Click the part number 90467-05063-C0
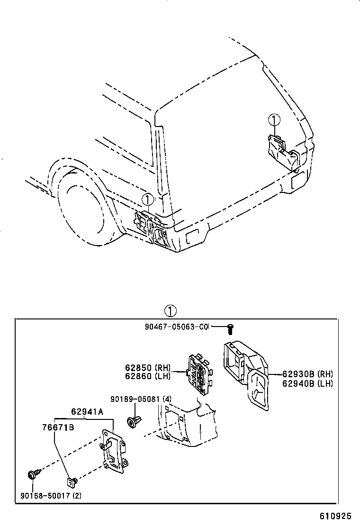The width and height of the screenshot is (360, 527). pyautogui.click(x=177, y=327)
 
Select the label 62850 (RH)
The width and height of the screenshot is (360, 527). pyautogui.click(x=147, y=367)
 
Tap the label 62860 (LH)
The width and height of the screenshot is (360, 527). pyautogui.click(x=147, y=376)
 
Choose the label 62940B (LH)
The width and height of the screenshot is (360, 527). pyautogui.click(x=307, y=383)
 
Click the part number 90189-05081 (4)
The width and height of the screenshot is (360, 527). pyautogui.click(x=141, y=399)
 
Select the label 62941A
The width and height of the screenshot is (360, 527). pyautogui.click(x=87, y=411)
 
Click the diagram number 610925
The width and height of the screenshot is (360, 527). pyautogui.click(x=338, y=515)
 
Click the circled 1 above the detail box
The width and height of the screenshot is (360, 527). pyautogui.click(x=170, y=311)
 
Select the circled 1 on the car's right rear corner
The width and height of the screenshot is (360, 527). pyautogui.click(x=274, y=120)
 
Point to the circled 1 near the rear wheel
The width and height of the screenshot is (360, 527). pyautogui.click(x=148, y=200)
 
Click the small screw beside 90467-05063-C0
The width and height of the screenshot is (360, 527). pyautogui.click(x=230, y=327)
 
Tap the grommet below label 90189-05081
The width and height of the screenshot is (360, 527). pyautogui.click(x=132, y=421)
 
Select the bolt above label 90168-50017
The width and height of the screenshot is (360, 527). pyautogui.click(x=33, y=473)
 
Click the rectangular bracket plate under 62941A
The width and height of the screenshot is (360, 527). pyautogui.click(x=114, y=450)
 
